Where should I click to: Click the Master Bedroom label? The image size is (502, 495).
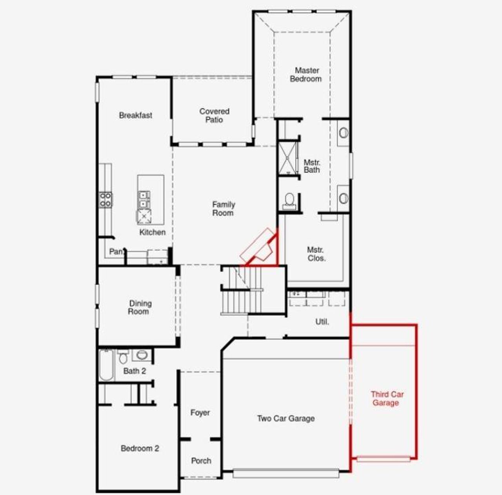pos(306,75)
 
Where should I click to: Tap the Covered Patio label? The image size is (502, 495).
pos(214,116)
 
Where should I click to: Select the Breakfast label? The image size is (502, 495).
pos(136,115)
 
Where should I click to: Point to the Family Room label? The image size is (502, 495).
pos(223,209)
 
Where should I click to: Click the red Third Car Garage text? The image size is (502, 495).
pos(387,399)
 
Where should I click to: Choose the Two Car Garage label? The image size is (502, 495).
pos(286,419)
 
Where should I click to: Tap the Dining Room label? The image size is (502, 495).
pos(139,307)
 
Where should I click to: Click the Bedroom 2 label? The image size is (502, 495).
pos(140,448)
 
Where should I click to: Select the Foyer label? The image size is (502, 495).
pos(200,413)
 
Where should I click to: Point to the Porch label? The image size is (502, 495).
pos(201,461)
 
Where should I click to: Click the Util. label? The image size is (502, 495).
pos(322,322)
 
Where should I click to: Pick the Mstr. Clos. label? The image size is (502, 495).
pos(316,254)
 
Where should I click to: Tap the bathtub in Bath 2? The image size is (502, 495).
pos(106,365)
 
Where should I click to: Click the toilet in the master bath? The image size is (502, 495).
pos(289,200)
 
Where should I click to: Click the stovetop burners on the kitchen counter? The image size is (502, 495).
pos(105,199)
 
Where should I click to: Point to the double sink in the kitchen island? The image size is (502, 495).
pos(144,199)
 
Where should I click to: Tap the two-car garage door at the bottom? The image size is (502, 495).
pos(286,473)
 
